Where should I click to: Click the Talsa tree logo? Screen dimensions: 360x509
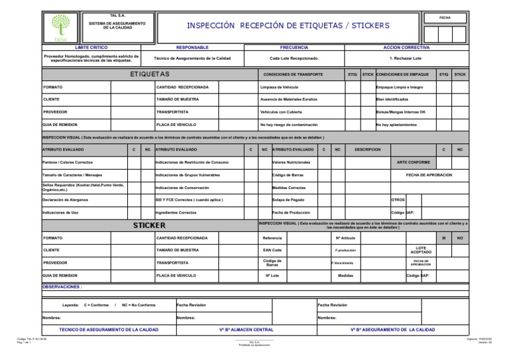tap(60, 27)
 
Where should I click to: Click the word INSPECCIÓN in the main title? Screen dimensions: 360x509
tap(212, 25)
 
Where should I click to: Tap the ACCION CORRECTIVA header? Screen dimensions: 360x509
tap(406, 48)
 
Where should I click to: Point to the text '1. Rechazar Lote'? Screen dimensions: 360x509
tap(406, 59)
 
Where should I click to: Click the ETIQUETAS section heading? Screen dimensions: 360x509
tap(150, 74)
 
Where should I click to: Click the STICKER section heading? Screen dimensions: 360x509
tap(149, 225)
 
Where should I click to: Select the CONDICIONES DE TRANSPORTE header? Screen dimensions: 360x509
tap(293, 74)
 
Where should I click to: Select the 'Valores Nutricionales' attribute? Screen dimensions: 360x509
tap(291, 162)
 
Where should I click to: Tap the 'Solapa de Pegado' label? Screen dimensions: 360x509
tap(289, 199)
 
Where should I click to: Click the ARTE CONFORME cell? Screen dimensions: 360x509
tap(413, 162)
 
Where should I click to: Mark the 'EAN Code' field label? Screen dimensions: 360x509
tap(272, 250)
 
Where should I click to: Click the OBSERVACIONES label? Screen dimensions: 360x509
tap(62, 286)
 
